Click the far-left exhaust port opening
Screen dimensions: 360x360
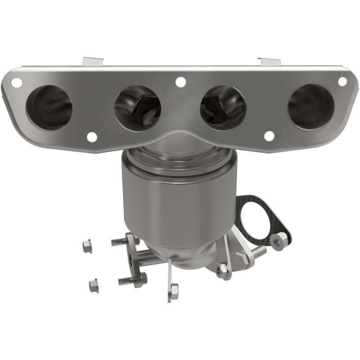click(49, 107)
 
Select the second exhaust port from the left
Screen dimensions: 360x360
click(137, 108)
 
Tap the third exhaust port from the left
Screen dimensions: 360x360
click(223, 108)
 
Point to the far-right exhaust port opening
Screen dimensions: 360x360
click(311, 107)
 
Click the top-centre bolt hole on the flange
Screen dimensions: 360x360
click(180, 82)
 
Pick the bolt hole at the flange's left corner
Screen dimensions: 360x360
click(16, 83)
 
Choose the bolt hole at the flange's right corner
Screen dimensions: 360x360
click(342, 81)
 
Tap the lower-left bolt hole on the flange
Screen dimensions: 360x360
click(91, 136)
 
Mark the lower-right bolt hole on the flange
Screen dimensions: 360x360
click(269, 136)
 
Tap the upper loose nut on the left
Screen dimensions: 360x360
click(86, 246)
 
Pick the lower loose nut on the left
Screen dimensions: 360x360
click(93, 284)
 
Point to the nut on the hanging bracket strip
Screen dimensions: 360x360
click(174, 289)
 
